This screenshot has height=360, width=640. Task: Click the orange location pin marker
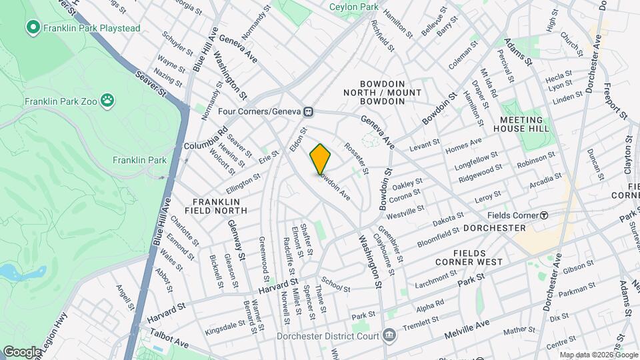(x=320, y=159)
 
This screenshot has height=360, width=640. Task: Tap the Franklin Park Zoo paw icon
(x=107, y=101)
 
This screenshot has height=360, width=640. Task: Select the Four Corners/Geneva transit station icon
(x=309, y=111)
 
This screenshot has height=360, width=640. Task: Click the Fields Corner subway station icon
(x=544, y=215)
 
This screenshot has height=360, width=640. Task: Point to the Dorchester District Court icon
(x=390, y=333)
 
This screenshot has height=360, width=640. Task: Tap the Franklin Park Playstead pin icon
(x=32, y=27)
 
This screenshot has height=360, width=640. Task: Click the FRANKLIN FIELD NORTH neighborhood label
(x=219, y=205)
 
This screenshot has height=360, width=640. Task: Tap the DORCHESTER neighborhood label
(x=494, y=228)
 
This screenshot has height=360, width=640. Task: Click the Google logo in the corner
(x=21, y=351)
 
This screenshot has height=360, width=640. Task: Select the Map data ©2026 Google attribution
(x=598, y=355)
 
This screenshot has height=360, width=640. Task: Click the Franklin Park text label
(x=139, y=160)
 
